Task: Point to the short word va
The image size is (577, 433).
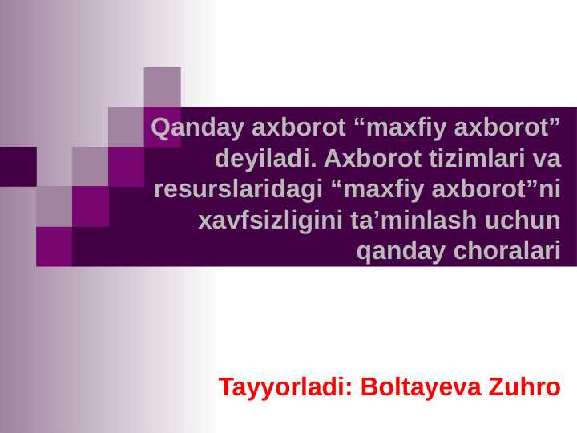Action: pos(547,159)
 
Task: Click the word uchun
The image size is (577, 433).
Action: pos(520,221)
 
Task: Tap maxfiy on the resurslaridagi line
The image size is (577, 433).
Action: pos(389,190)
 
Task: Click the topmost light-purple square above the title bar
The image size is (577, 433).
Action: pos(162,87)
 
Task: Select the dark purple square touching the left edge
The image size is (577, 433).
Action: pos(18,166)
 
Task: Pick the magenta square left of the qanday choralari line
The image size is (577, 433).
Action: pos(54,246)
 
